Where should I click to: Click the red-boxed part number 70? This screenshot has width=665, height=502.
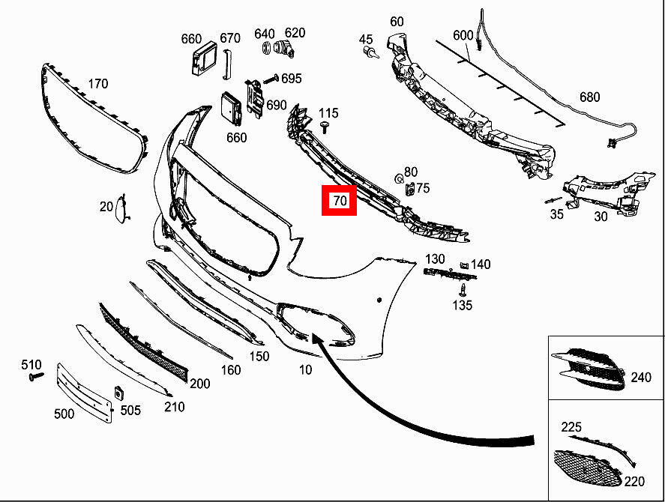(x=340, y=201)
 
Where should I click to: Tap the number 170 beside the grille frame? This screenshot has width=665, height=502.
(x=98, y=83)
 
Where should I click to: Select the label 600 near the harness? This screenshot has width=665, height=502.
(x=463, y=34)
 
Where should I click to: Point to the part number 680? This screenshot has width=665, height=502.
(x=589, y=97)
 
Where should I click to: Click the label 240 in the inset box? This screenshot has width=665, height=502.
(x=641, y=377)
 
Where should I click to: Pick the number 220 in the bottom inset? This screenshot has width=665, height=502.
(x=634, y=481)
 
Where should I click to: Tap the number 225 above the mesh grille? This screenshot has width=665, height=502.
(x=571, y=427)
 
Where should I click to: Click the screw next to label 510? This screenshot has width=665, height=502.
(x=36, y=376)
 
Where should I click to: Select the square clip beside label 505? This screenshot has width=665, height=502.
(x=118, y=393)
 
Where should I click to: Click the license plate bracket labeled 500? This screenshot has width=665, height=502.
(x=85, y=393)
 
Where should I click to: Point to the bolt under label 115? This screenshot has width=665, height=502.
(x=325, y=126)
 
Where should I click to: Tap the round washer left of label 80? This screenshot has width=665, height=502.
(x=399, y=179)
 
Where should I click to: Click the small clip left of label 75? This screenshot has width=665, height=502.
(x=409, y=189)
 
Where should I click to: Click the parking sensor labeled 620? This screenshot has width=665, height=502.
(x=284, y=49)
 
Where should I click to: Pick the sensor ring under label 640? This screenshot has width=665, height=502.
(x=267, y=48)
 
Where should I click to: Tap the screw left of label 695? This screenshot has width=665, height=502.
(x=271, y=79)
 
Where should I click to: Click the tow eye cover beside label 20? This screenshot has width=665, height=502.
(x=121, y=208)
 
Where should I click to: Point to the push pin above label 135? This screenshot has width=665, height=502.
(x=463, y=289)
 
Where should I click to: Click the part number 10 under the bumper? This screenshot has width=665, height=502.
(x=305, y=369)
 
